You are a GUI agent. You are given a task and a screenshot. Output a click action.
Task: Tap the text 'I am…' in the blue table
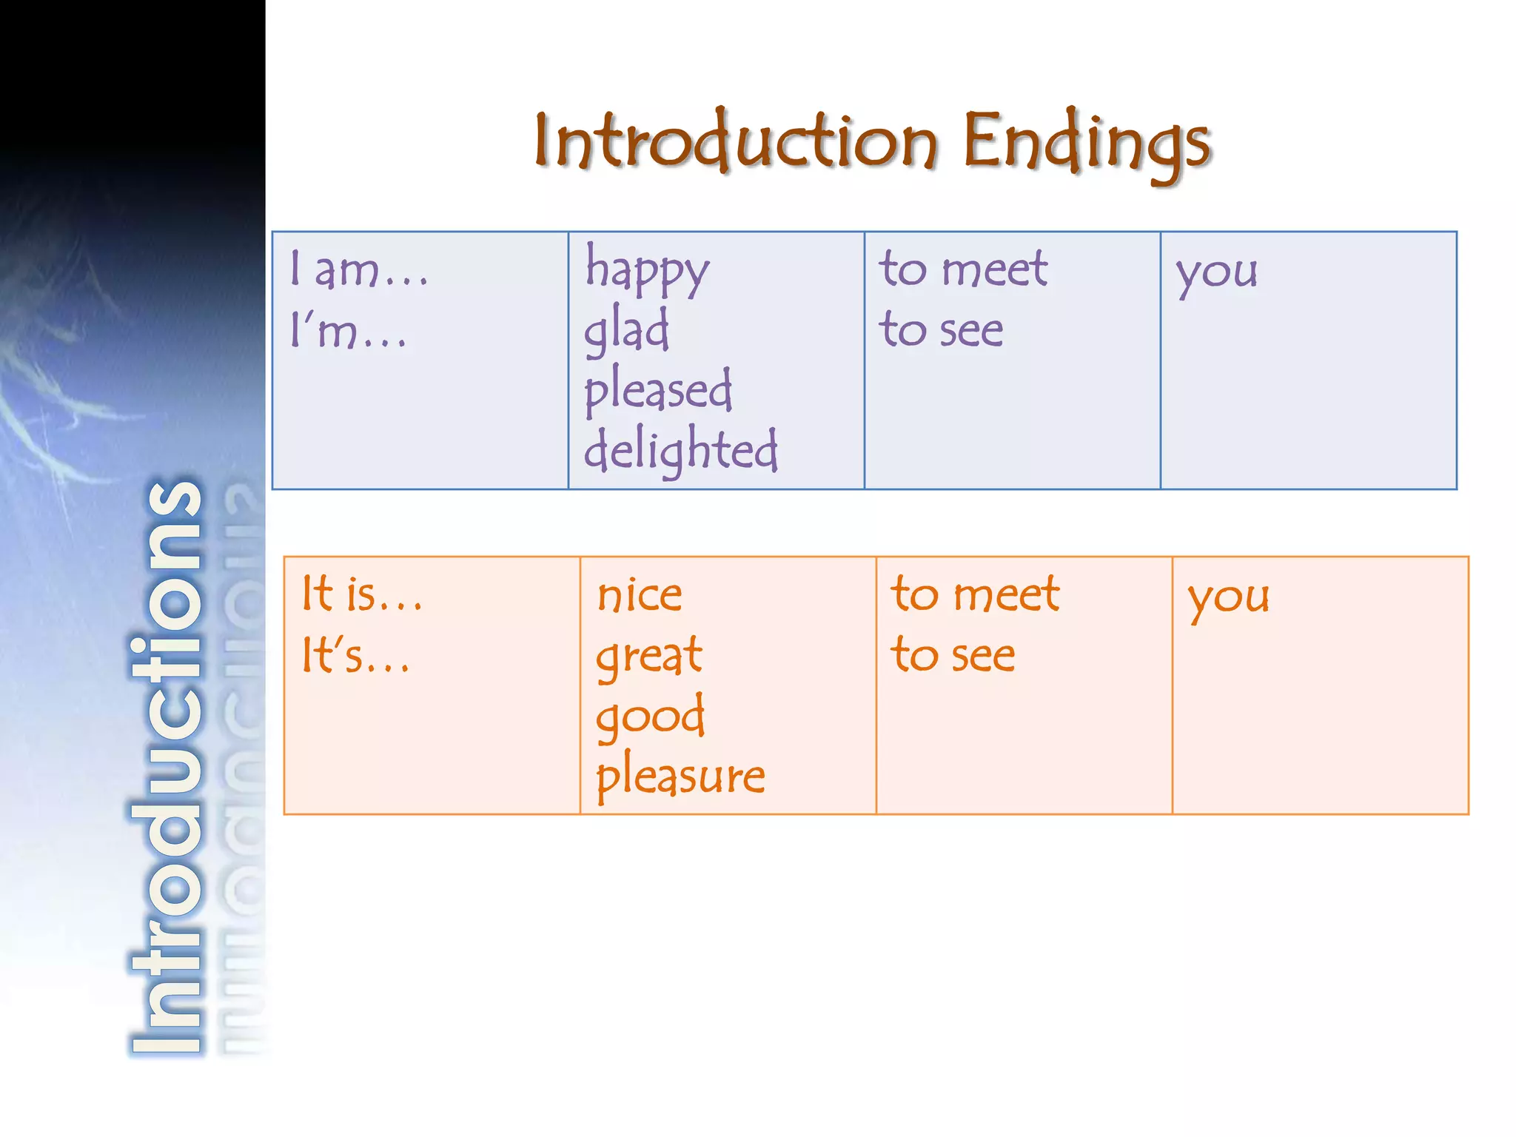tap(359, 269)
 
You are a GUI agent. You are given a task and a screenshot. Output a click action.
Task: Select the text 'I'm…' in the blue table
tap(348, 330)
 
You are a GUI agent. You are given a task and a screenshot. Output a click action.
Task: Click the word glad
tap(626, 330)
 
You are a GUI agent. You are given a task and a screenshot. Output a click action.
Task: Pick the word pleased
tap(658, 390)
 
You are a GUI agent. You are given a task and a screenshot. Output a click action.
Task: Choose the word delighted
tap(680, 450)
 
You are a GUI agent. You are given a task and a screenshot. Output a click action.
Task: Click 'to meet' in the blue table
tap(963, 268)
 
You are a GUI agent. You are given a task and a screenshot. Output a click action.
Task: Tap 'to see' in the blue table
tap(941, 329)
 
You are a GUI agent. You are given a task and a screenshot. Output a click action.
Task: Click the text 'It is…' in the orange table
tap(361, 594)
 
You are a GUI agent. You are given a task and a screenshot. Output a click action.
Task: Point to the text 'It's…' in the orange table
tap(355, 656)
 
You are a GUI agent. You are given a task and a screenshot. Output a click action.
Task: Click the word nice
tap(640, 595)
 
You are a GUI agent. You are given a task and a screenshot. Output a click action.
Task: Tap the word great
tap(649, 657)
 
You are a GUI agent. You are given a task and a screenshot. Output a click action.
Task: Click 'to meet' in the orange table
tap(975, 594)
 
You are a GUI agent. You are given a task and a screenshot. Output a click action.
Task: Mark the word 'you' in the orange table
tap(1228, 597)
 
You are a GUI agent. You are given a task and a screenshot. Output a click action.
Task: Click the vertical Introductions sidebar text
tap(167, 766)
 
